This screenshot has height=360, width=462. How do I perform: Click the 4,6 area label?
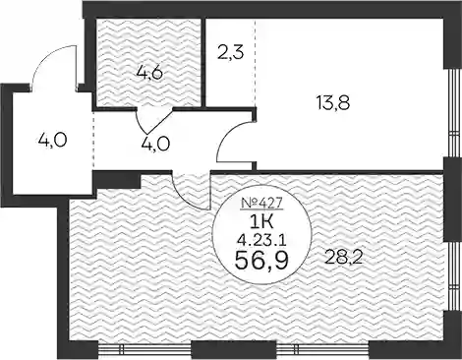(x=149, y=74)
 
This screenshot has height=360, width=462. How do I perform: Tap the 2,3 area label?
(x=230, y=52)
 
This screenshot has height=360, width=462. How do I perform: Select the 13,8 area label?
(x=333, y=103)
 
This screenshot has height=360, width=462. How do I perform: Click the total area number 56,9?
(x=261, y=261)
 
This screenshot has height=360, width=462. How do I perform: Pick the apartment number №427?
(x=261, y=204)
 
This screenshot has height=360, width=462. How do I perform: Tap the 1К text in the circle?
(x=261, y=223)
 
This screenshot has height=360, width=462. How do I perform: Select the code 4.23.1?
(x=261, y=242)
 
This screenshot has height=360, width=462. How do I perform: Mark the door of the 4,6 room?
(x=150, y=121)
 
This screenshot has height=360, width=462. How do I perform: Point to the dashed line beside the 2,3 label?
(x=255, y=63)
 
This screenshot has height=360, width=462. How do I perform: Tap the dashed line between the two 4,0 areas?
(x=94, y=141)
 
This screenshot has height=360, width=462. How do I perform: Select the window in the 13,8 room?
(x=452, y=112)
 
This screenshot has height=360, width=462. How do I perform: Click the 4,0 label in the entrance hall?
(x=52, y=141)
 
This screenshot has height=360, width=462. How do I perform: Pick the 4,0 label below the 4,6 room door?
(x=155, y=144)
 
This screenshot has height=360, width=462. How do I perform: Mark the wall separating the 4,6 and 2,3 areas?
(x=203, y=62)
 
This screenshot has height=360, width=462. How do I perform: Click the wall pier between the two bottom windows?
(x=214, y=350)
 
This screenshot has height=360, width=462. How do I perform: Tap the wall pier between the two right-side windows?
(x=453, y=200)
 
